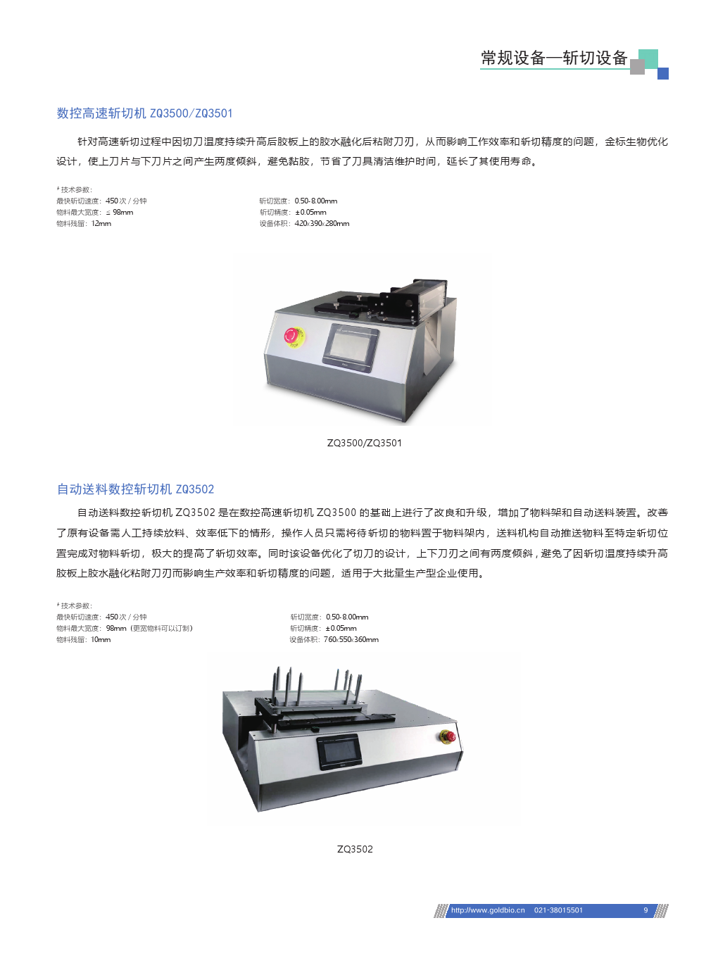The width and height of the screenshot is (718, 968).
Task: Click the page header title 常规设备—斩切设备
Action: [554, 58]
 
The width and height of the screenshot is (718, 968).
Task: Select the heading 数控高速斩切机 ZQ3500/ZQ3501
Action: [144, 113]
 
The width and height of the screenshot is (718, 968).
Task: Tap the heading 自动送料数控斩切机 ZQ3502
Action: [135, 489]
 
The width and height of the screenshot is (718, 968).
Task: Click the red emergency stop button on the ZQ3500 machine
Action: [291, 335]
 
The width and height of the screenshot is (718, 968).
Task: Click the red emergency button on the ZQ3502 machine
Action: [448, 736]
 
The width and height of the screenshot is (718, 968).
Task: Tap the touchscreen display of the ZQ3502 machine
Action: [339, 752]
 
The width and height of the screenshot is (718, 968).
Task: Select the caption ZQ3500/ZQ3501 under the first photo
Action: [364, 443]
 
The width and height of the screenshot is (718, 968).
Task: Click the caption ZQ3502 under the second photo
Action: [355, 849]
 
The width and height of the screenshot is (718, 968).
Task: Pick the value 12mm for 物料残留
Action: [101, 223]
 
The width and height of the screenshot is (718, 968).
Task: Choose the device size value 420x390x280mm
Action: [322, 223]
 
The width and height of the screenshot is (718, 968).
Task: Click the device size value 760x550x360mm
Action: [351, 639]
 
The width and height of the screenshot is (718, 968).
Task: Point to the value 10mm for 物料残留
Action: [101, 639]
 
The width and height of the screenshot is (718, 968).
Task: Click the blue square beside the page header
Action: [663, 73]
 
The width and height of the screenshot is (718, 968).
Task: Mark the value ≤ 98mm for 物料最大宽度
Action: [120, 212]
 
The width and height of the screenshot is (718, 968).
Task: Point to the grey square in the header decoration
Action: [637, 67]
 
